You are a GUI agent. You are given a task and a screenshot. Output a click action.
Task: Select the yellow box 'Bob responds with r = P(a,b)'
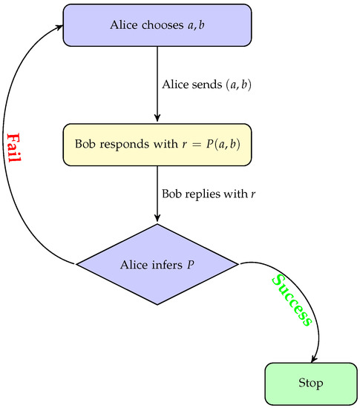click(x=157, y=145)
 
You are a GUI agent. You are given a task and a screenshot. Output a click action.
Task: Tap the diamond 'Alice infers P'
click(x=157, y=263)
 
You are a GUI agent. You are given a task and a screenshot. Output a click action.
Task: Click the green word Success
click(x=292, y=300)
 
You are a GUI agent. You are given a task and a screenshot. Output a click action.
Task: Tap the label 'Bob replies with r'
click(x=202, y=194)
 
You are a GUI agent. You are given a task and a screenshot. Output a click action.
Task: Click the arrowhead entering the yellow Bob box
click(x=157, y=119)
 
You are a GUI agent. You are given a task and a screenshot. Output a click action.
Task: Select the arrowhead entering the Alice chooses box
click(x=59, y=27)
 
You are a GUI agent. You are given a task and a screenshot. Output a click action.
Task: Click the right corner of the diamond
click(x=237, y=263)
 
